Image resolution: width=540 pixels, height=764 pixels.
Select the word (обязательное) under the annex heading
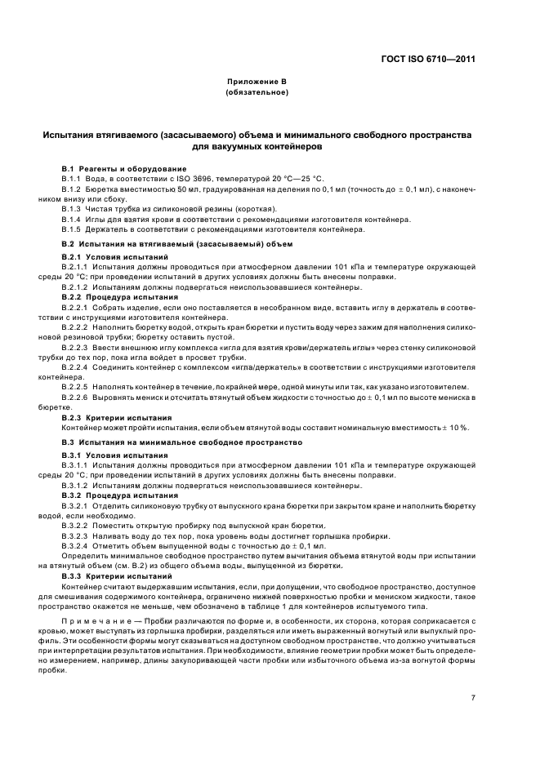(x=256, y=93)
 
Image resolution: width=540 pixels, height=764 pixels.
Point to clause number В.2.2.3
(x=77, y=346)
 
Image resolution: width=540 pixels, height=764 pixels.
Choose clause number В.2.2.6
(x=77, y=397)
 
